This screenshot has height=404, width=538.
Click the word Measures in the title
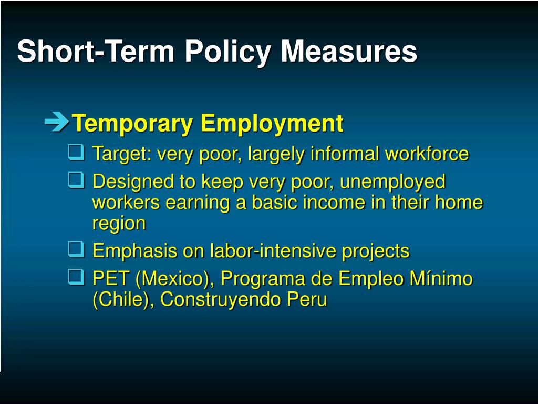[349, 52]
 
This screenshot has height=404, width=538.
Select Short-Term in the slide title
[96, 52]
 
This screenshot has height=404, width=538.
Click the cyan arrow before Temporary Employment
[57, 122]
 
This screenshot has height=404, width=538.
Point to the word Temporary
[133, 124]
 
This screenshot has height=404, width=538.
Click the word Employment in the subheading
[272, 124]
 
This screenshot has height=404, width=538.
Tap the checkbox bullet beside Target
[76, 152]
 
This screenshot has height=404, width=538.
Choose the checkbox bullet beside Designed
[76, 180]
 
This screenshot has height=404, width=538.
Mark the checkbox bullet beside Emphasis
[76, 250]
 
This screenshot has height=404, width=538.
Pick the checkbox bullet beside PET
[76, 277]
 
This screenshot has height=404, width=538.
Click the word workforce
[427, 154]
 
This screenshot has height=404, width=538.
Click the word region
[119, 224]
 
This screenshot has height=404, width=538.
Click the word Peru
[307, 299]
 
